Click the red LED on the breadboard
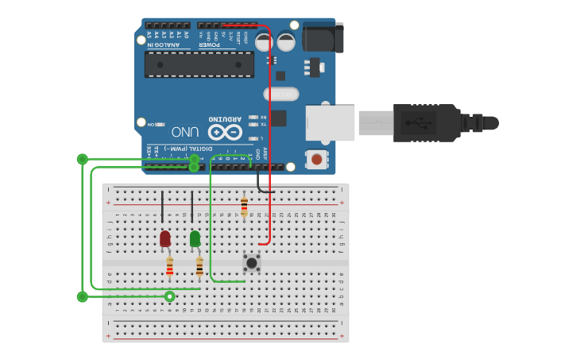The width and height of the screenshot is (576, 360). (x=165, y=238)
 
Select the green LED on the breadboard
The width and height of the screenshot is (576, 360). (x=195, y=238)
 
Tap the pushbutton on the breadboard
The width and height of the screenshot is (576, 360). (x=252, y=262)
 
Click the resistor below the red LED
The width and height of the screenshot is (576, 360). (x=169, y=267)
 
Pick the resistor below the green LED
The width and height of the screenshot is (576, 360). (x=199, y=267)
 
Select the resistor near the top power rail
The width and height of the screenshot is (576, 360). (x=244, y=207)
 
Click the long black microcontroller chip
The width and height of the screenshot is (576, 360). (x=199, y=64)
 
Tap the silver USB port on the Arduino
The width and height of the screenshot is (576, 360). (x=331, y=123)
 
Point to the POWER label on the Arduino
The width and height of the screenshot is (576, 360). (x=209, y=45)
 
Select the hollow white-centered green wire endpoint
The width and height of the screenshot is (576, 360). (x=169, y=296)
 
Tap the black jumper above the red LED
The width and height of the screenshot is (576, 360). (x=163, y=207)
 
